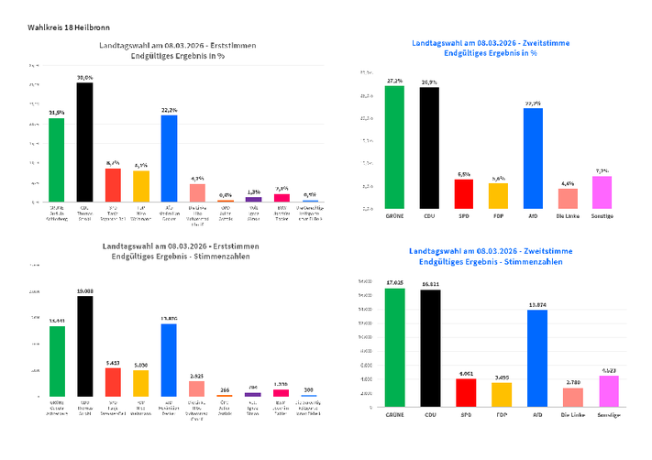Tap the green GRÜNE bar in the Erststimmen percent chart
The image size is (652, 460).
(x=56, y=159)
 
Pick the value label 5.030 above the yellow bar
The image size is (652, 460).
(x=140, y=365)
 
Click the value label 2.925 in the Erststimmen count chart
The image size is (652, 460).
(x=197, y=376)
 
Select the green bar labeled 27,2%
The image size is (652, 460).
(x=394, y=147)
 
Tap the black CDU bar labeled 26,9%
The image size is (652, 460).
(x=429, y=148)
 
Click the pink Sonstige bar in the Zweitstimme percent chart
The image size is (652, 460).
(x=602, y=192)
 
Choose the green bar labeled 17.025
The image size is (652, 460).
(x=394, y=347)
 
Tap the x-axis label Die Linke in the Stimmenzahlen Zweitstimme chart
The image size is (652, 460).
(x=568, y=413)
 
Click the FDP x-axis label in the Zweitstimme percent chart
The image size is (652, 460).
(x=498, y=216)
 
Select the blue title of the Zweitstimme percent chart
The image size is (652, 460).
(x=474, y=49)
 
